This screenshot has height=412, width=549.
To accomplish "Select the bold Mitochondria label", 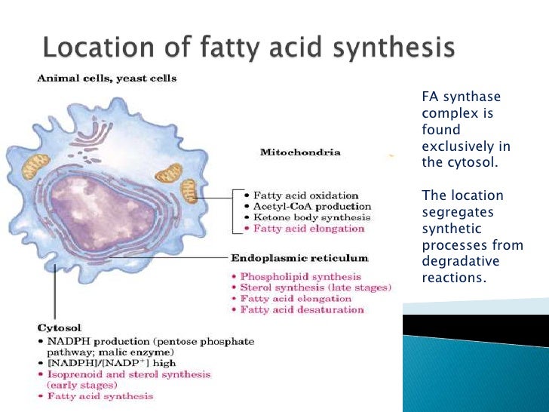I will point(299,152).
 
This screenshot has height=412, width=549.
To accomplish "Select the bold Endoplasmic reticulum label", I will point(299,258).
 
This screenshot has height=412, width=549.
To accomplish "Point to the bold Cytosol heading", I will point(54,328).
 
